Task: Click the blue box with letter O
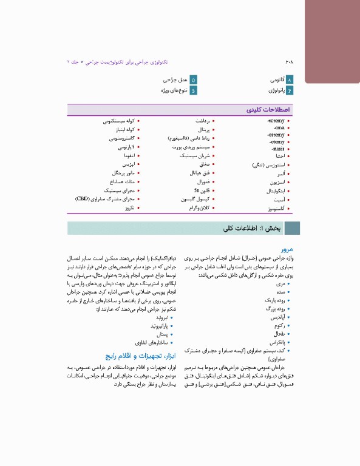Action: click(x=193, y=79)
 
